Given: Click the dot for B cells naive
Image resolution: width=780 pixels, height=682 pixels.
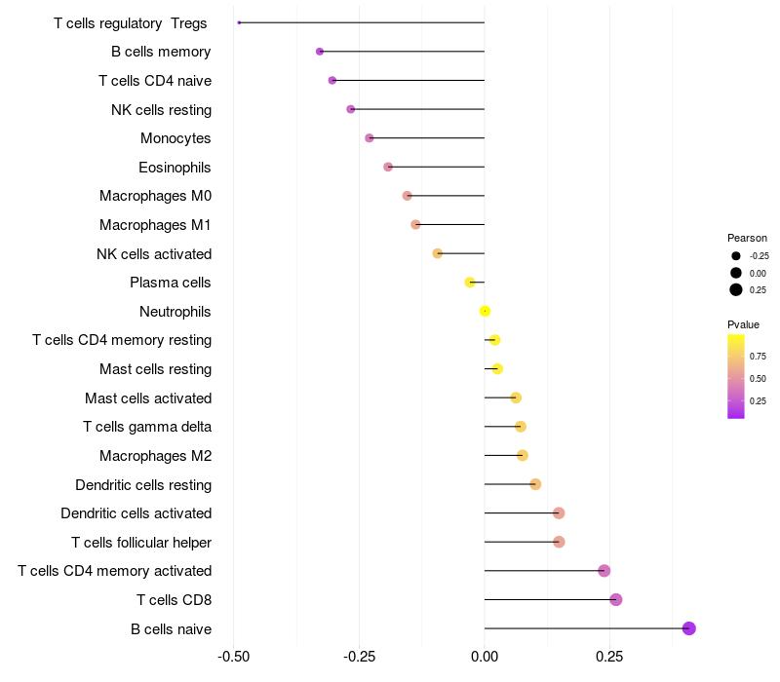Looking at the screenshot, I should click(x=689, y=628).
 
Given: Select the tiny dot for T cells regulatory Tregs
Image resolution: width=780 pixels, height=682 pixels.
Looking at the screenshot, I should click(x=239, y=22).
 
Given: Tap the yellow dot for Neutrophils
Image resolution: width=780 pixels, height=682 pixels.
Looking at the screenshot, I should click(x=485, y=312).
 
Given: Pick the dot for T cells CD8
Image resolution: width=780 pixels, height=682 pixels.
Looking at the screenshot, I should click(x=616, y=599).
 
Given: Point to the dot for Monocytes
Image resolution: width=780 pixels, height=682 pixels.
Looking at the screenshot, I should click(x=370, y=138).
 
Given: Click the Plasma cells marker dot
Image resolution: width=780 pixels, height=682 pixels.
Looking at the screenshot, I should click(x=470, y=283).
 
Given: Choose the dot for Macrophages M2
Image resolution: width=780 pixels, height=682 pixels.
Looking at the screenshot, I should click(x=523, y=455).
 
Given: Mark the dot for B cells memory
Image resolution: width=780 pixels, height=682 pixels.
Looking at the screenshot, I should click(x=320, y=52).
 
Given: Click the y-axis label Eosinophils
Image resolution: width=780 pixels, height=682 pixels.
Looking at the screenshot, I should click(x=175, y=168).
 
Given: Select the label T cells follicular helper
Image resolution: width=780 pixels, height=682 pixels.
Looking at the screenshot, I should click(x=141, y=542).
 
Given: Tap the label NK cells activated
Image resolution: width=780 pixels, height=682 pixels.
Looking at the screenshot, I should click(x=154, y=254).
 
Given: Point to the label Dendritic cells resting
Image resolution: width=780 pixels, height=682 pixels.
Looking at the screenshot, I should click(x=143, y=484).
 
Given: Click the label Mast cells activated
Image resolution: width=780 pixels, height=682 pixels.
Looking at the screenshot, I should click(x=148, y=398).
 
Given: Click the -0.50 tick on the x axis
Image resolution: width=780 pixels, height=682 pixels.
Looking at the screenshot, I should click(x=233, y=657).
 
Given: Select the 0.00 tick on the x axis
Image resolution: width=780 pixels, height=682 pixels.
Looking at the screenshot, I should click(x=485, y=657).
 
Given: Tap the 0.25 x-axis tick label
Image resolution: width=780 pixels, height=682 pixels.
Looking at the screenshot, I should click(x=609, y=657).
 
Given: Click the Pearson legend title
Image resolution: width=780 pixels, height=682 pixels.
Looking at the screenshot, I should click(x=747, y=238).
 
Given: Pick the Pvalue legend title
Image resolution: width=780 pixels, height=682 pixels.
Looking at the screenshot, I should click(x=743, y=324).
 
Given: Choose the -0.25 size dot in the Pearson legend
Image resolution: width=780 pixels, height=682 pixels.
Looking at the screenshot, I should click(x=736, y=255).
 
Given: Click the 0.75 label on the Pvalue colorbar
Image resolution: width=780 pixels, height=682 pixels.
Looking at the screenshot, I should click(x=758, y=357).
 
